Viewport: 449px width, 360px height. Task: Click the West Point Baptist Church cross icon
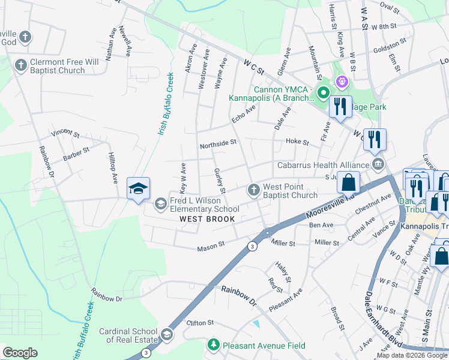point(253,190)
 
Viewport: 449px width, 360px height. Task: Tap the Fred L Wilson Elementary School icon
point(160,205)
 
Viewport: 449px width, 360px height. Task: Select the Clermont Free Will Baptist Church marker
point(21,65)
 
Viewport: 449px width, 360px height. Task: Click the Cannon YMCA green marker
point(324,92)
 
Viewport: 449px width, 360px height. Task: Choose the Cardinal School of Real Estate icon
point(167,334)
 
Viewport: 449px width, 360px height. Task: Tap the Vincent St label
point(65,132)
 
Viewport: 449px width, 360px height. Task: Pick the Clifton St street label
point(200,323)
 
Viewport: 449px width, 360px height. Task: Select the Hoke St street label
point(297,143)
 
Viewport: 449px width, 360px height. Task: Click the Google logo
point(20,353)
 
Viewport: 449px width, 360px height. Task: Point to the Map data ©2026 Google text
point(412,355)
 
